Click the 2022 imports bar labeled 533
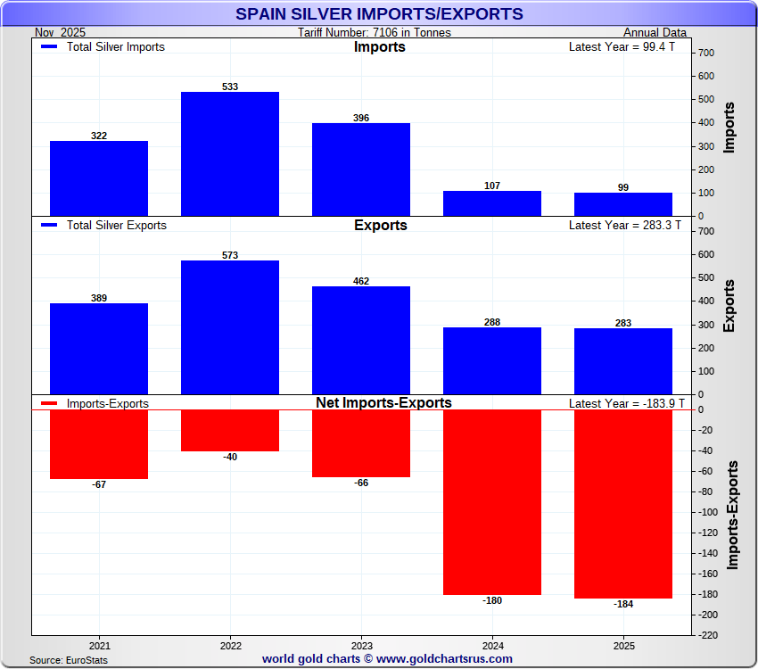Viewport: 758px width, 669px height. [x=230, y=153]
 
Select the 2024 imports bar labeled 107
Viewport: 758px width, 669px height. [x=492, y=203]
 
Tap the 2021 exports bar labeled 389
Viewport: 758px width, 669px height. [x=99, y=349]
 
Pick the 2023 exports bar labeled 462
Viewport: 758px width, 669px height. [x=361, y=340]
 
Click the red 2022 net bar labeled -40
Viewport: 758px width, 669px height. [x=230, y=431]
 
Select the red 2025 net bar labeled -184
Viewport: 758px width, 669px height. [x=623, y=504]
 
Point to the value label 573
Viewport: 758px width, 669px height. [x=230, y=255]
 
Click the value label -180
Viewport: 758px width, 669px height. [x=492, y=600]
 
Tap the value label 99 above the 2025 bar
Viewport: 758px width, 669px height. [x=623, y=187]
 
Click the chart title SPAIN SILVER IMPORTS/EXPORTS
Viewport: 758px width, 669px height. [x=379, y=14]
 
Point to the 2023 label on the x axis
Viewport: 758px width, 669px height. [x=361, y=644]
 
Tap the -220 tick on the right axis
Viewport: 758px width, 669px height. [x=709, y=635]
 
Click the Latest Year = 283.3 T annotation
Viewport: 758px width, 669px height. [x=624, y=226]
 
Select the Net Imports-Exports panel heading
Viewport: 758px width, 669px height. [x=383, y=403]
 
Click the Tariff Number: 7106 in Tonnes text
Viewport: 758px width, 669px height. [x=375, y=33]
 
